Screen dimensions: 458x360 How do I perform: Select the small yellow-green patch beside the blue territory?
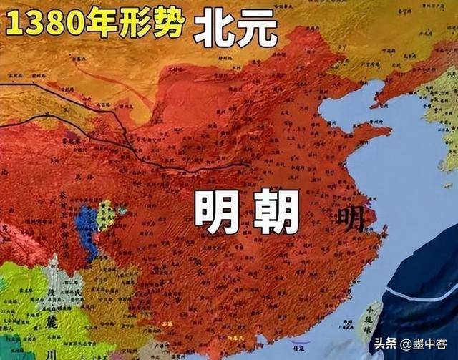click(106, 215)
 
